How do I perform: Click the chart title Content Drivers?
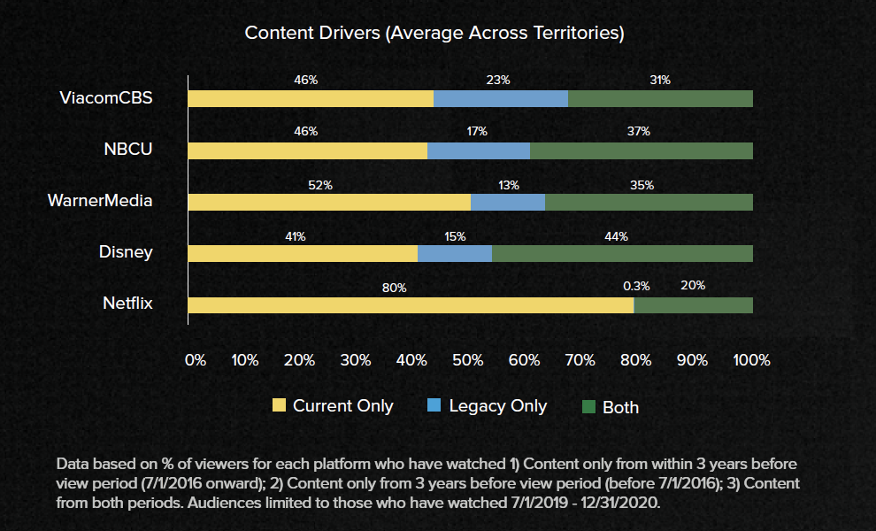(x=434, y=34)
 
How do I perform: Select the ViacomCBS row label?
(x=106, y=98)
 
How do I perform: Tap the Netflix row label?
(x=127, y=304)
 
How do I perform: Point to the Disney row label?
(x=126, y=252)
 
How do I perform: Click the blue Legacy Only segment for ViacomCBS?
(x=500, y=98)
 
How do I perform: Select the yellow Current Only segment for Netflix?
(x=411, y=305)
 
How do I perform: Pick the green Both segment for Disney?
(x=622, y=254)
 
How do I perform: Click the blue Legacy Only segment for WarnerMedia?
(x=507, y=202)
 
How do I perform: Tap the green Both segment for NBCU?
(x=642, y=150)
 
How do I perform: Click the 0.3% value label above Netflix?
(x=636, y=286)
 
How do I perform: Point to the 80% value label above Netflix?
(x=395, y=288)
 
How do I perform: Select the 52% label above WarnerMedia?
(x=320, y=185)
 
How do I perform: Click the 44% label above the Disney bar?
(x=617, y=236)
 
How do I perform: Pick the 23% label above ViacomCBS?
(x=498, y=80)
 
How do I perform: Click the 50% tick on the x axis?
(x=467, y=360)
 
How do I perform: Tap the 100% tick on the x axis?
(x=752, y=360)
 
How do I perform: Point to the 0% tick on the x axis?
(x=195, y=360)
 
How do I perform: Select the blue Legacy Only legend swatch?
(x=434, y=405)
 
